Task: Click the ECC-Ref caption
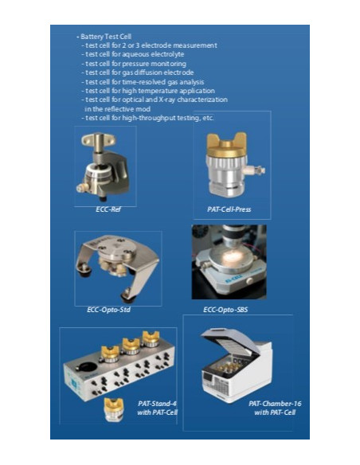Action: click(108, 209)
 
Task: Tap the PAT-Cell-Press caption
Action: click(229, 209)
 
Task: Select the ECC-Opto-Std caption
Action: click(108, 310)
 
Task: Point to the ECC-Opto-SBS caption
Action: click(225, 310)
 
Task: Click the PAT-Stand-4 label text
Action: click(157, 404)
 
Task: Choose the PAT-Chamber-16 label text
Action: click(275, 404)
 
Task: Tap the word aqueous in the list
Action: click(135, 55)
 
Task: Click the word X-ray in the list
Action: click(170, 100)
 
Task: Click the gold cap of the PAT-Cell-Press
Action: click(227, 145)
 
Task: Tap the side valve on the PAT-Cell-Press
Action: click(256, 170)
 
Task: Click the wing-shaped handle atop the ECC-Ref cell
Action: click(98, 139)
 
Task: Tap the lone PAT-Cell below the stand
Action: click(114, 409)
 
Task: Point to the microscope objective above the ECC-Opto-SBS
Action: click(233, 235)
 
